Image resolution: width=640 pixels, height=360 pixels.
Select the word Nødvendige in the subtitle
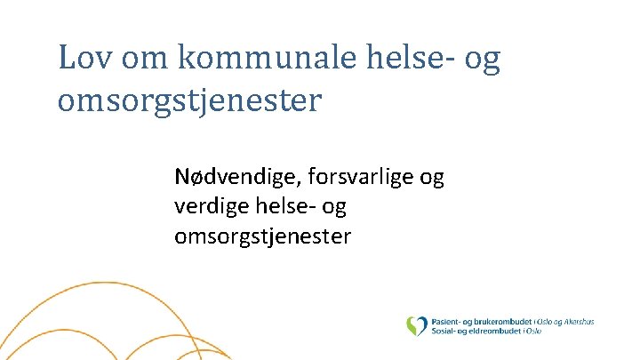tap(238, 178)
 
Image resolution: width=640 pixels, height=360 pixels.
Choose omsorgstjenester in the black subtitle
tap(263, 236)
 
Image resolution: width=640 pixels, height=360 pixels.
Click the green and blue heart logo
tap(416, 325)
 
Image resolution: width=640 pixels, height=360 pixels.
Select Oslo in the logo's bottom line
tap(533, 330)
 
